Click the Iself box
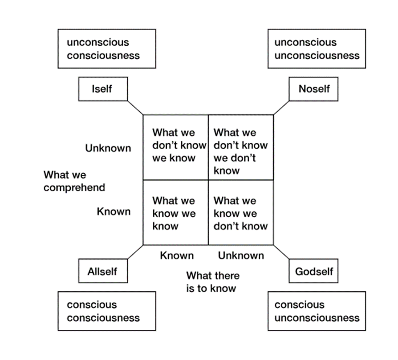coord(103,89)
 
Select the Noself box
coord(314,89)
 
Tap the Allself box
coord(103,271)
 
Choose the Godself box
coord(314,271)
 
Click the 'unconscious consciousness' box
coord(107,49)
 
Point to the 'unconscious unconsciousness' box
coord(317,49)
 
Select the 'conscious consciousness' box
coord(107,311)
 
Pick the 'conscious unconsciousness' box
coord(317,311)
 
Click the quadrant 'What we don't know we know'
coord(175,147)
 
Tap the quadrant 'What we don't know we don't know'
coord(241,147)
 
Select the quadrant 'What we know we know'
coord(175,212)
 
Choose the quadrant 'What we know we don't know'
coord(241,212)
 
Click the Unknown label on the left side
coord(108,148)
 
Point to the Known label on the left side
coord(114,211)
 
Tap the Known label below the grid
coord(177,255)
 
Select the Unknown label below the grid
coord(241,255)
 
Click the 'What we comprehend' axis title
coord(74,181)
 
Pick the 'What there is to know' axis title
coord(212,282)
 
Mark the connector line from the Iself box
coord(135,108)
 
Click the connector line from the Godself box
coord(281,252)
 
